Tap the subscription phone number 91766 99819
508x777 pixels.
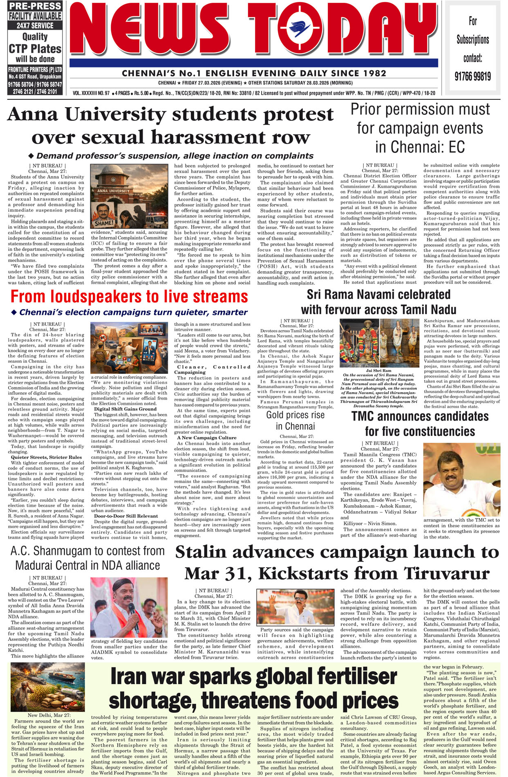click(472, 76)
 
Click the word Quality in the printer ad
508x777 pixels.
click(35, 37)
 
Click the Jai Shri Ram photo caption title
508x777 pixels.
click(378, 371)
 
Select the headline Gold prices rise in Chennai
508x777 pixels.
click(295, 420)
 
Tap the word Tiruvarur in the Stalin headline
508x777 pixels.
click(447, 573)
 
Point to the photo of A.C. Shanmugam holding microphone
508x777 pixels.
click(129, 607)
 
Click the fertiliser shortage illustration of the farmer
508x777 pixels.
click(47, 688)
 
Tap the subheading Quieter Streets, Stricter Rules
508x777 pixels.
click(46, 457)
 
